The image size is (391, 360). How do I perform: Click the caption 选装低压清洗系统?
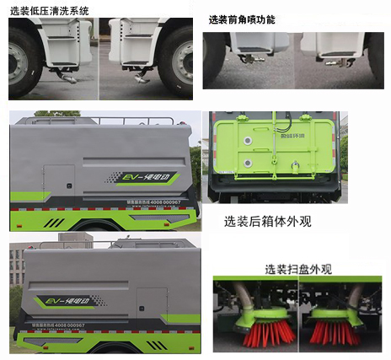click(49, 10)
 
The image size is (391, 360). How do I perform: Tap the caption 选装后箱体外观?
click(267, 223)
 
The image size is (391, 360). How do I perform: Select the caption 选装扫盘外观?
click(297, 270)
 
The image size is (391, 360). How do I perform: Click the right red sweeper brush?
click(331, 332)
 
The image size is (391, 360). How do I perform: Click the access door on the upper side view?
click(60, 188)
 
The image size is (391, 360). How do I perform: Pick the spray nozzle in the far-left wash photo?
click(65, 76)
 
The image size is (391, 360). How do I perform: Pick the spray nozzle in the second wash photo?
click(141, 78)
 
